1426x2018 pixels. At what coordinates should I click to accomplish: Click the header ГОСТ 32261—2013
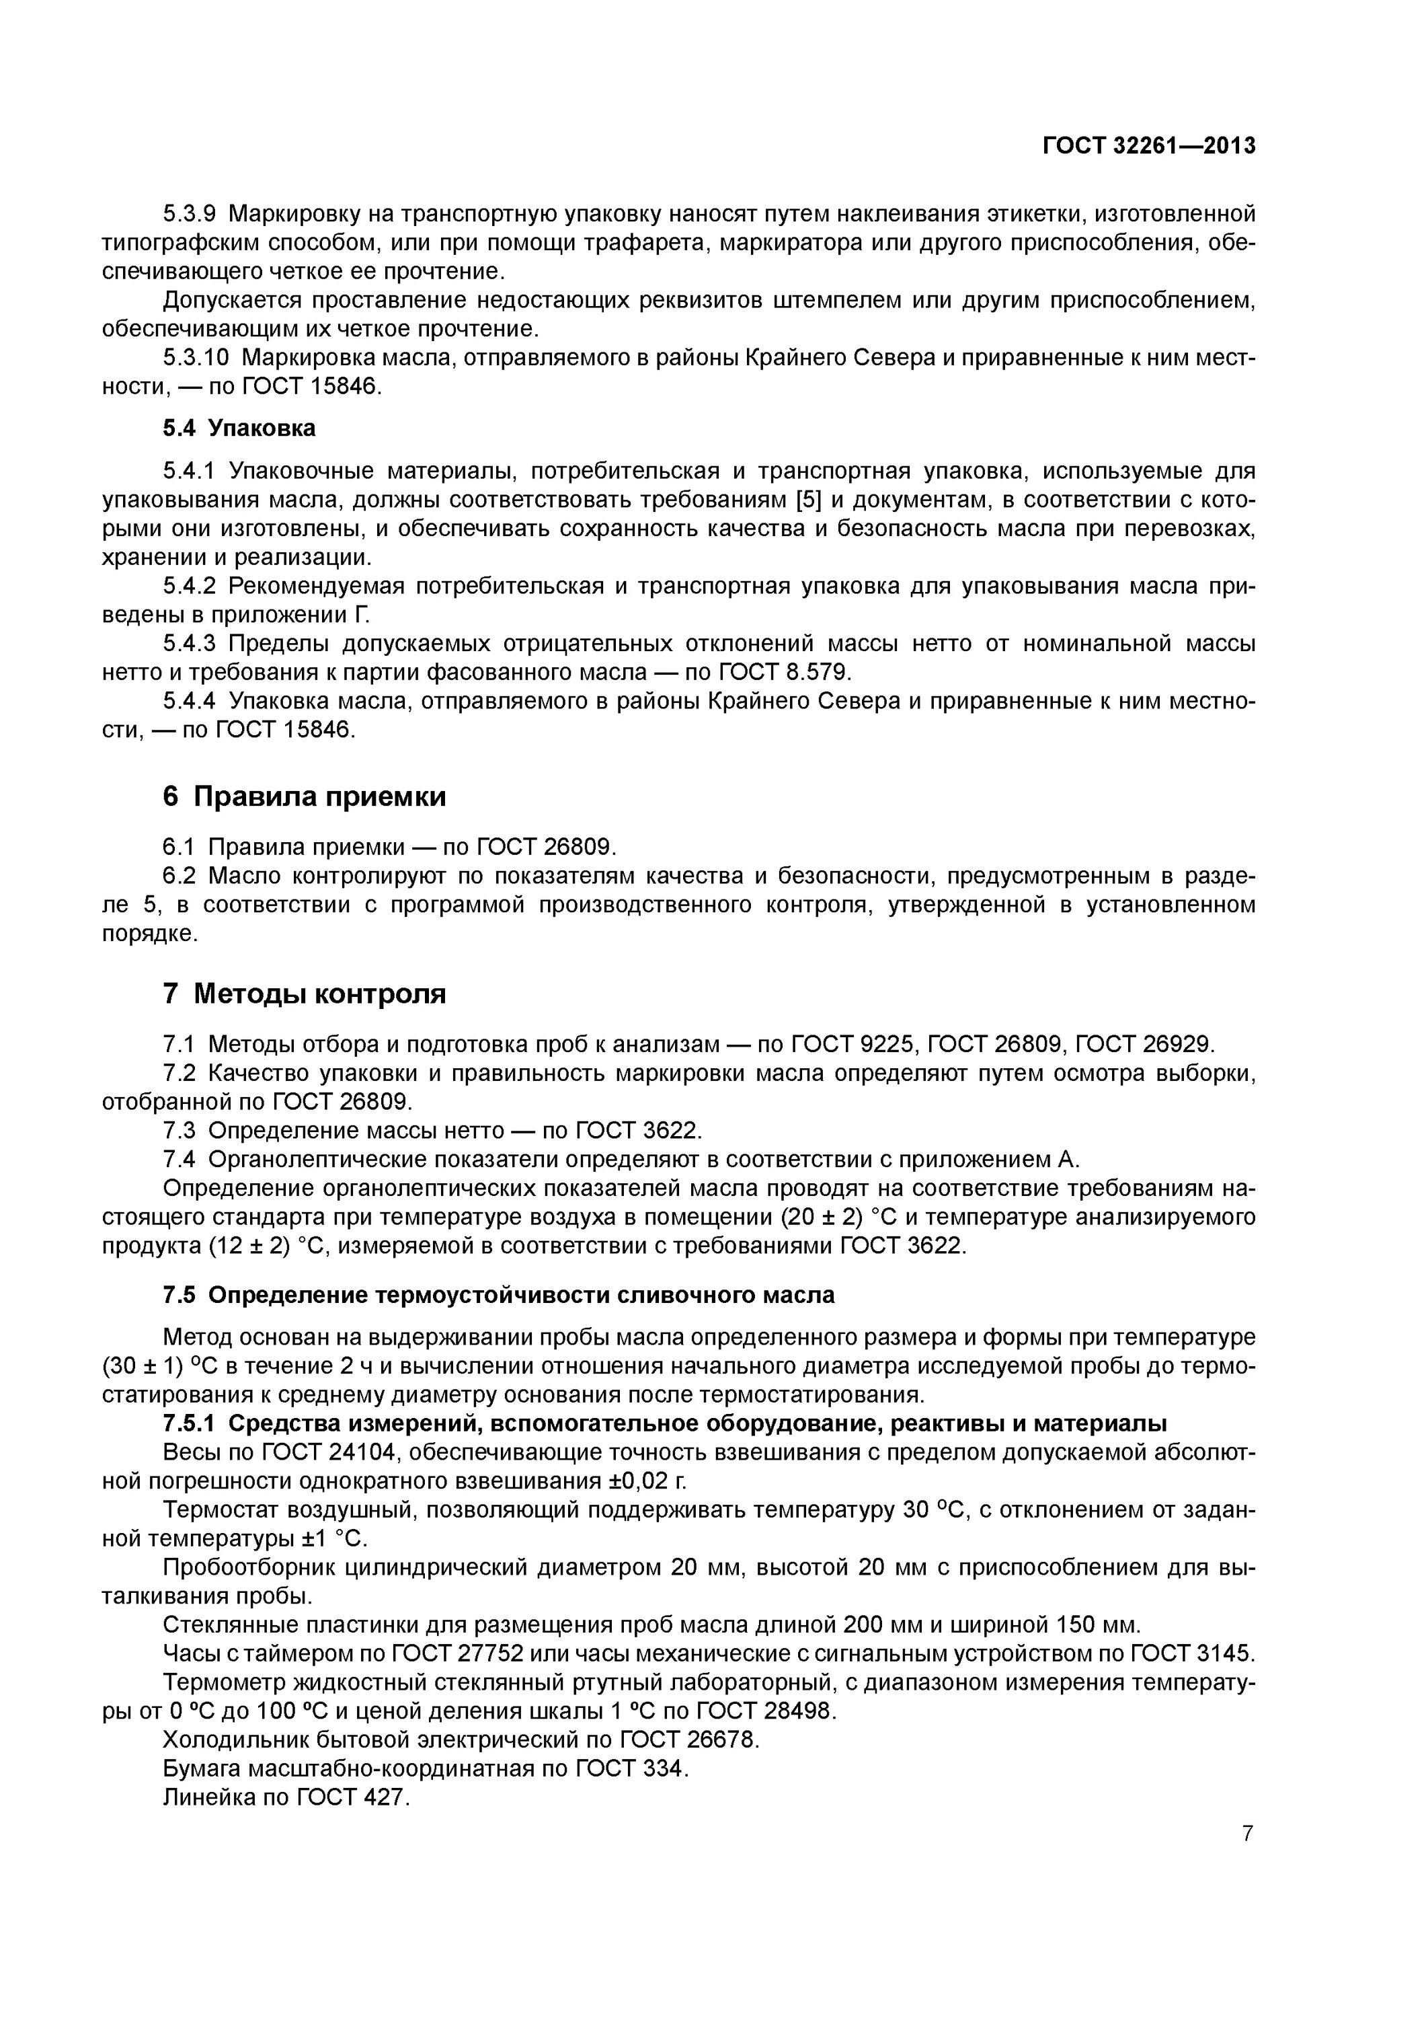click(1148, 146)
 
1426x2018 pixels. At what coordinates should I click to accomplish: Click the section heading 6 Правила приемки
click(304, 796)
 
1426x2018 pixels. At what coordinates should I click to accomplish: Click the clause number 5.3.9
click(189, 214)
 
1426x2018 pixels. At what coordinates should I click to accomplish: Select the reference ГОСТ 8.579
click(785, 673)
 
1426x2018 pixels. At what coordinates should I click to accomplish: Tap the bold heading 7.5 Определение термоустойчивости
click(498, 1296)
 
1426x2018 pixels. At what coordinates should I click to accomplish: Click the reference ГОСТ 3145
click(1191, 1653)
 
